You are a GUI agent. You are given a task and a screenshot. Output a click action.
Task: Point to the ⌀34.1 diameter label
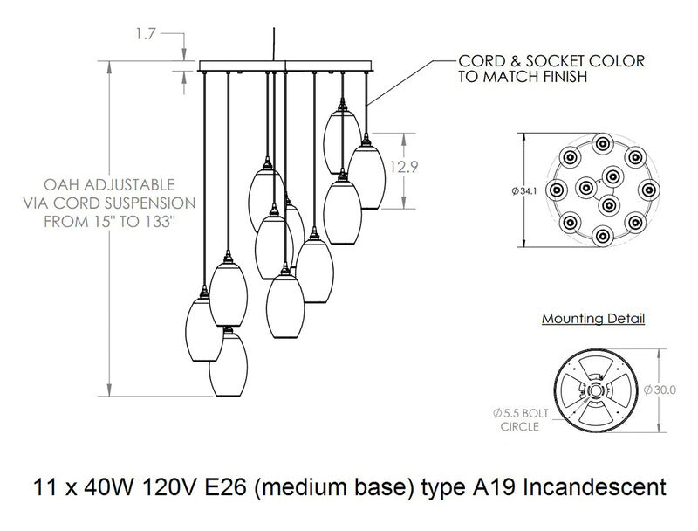pyautogui.click(x=534, y=189)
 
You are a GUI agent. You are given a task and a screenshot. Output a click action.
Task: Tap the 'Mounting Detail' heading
pyautogui.click(x=593, y=319)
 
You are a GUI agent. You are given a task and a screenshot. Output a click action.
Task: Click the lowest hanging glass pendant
pyautogui.click(x=228, y=364)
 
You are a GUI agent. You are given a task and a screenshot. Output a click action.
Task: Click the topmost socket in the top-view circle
pyautogui.click(x=599, y=144)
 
